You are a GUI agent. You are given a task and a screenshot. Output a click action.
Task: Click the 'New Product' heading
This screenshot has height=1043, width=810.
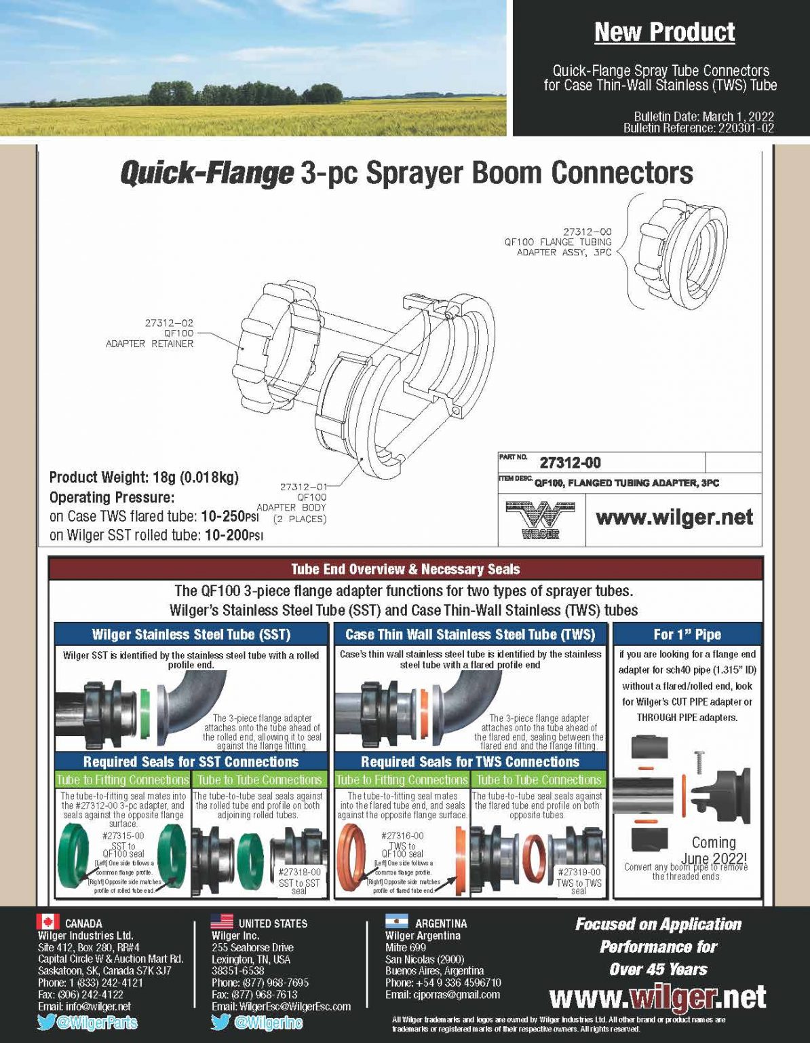664,32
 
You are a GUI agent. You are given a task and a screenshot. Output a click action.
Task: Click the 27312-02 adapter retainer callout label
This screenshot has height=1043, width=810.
149,333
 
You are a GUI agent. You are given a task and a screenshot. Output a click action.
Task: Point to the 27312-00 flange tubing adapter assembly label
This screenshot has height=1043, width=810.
558,242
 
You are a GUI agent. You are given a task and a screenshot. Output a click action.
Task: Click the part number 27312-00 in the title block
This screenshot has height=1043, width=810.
570,463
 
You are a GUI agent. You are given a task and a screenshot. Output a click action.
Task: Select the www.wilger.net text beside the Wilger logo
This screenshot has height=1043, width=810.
674,517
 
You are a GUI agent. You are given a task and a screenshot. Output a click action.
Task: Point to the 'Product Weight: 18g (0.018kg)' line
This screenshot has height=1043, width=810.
144,477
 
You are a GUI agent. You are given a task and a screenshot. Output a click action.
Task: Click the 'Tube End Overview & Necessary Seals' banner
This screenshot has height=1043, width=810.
405,569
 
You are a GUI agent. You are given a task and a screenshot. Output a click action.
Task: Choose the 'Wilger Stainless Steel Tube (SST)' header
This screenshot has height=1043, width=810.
191,634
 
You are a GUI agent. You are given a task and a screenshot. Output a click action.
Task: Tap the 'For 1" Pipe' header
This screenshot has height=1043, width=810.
687,634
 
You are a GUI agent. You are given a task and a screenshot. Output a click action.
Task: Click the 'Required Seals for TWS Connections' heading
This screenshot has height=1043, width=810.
469,762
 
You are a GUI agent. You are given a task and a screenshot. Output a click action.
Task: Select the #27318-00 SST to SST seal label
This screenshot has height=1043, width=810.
299,881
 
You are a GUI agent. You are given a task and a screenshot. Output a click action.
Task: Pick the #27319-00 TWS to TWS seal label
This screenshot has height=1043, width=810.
579,881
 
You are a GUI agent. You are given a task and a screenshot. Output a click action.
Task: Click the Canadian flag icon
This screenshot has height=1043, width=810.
47,922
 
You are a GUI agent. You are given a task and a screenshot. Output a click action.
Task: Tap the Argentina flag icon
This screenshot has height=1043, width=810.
396,922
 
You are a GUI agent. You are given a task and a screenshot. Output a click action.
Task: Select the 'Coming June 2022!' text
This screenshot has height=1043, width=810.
713,850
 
